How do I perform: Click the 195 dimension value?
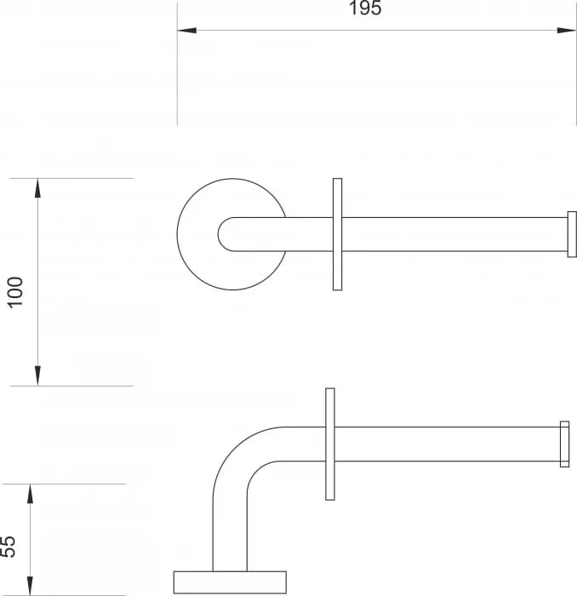365,9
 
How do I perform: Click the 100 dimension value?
16,292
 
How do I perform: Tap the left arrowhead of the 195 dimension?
186,31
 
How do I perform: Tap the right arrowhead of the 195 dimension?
567,31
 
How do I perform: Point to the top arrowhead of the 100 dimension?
37,188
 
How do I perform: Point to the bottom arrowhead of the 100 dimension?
37,375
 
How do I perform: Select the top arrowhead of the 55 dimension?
30,493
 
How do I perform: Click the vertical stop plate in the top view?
337,234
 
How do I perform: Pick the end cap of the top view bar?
572,234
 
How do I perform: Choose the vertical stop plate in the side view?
330,444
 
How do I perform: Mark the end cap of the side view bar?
564,444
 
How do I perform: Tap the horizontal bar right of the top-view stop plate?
451,234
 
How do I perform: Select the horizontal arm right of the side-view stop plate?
447,444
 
